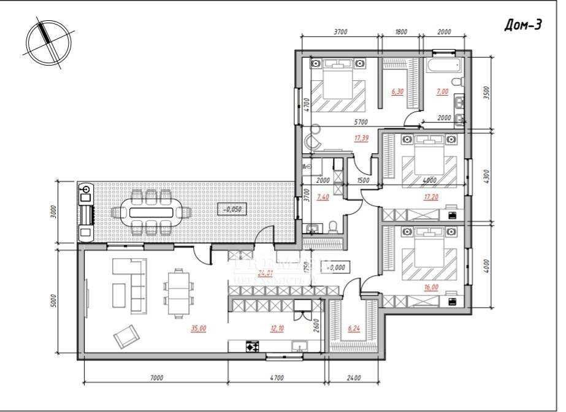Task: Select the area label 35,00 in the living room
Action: (198, 328)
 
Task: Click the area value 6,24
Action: (354, 328)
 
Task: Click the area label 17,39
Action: (361, 139)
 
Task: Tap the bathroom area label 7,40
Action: (323, 198)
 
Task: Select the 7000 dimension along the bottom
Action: (156, 378)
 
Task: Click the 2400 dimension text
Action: (353, 378)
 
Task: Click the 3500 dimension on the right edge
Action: (486, 93)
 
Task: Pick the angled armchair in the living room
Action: (126, 335)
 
